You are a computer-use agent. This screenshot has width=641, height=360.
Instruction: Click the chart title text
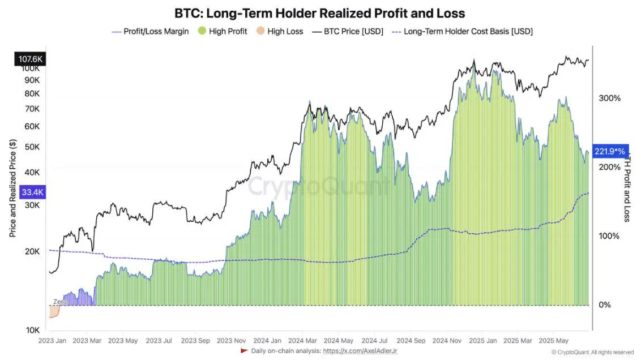pos(320,12)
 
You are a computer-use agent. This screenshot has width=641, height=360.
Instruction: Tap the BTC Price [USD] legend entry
pos(348,32)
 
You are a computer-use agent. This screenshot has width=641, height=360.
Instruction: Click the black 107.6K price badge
pos(31,58)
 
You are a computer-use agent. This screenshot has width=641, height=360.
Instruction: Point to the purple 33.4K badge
pos(32,192)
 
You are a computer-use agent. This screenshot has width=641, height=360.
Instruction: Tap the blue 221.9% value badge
pos(610,151)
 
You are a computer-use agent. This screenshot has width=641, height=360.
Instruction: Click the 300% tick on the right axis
pos(609,98)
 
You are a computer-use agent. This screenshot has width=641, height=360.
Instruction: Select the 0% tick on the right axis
pos(605,305)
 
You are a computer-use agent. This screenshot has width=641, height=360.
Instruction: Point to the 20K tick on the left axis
pos(32,251)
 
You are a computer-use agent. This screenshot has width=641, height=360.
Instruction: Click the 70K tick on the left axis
pos(32,108)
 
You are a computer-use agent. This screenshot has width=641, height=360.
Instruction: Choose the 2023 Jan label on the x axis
pos(52,341)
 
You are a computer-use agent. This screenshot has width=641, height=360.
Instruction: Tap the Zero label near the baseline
pos(59,302)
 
